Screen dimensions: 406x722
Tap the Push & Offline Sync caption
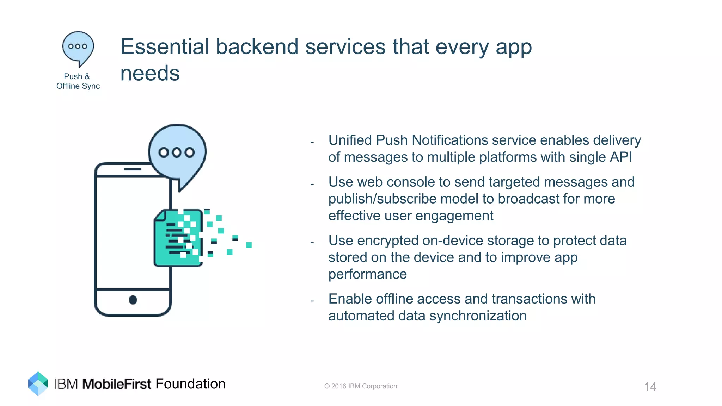78,81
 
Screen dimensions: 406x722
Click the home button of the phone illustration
133,300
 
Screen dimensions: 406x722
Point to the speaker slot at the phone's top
133,169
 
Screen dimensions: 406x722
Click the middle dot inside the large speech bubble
177,152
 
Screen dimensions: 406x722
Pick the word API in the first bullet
620,157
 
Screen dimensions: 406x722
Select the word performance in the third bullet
367,274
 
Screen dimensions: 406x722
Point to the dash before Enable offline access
312,301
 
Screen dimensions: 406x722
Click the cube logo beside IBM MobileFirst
38,383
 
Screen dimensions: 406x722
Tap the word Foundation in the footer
190,384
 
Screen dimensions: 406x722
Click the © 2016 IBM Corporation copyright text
360,386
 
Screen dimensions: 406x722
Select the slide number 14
650,387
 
